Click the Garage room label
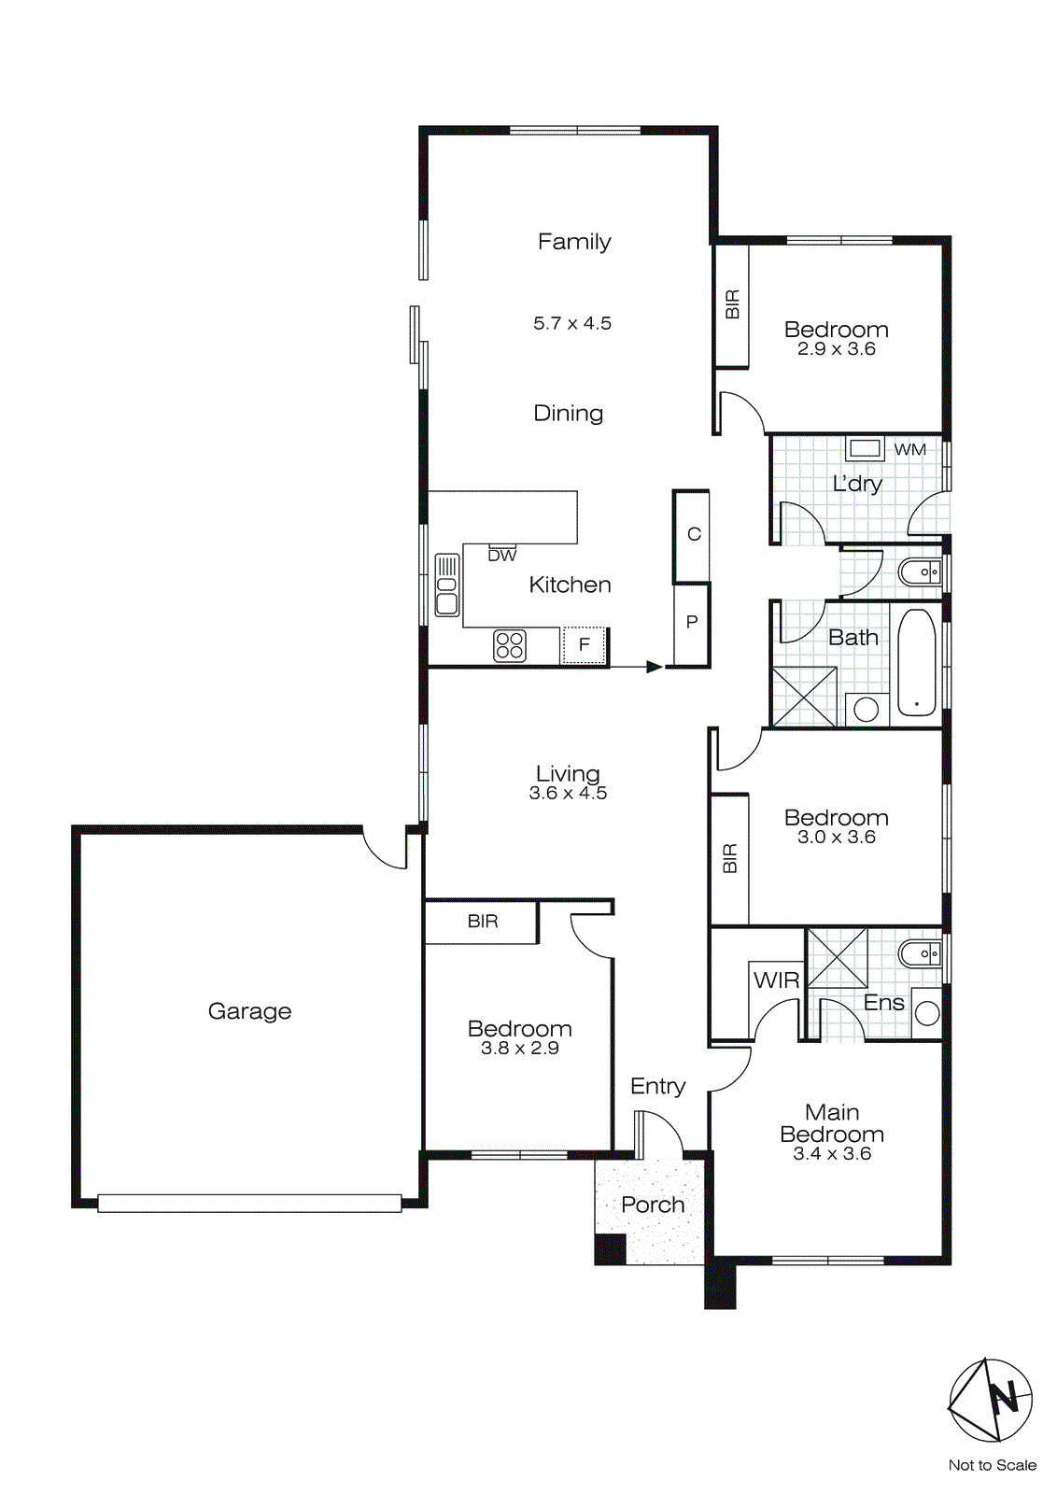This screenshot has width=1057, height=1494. tap(249, 1011)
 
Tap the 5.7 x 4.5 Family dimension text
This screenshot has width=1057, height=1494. tap(572, 323)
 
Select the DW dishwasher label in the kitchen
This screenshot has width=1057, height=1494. tap(502, 556)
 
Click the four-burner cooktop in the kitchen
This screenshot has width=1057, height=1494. tap(510, 646)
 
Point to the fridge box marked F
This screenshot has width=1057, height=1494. tap(585, 644)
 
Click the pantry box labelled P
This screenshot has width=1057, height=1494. tap(692, 623)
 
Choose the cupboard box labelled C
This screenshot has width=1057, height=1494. tap(693, 534)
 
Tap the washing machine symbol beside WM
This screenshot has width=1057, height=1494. tap(865, 448)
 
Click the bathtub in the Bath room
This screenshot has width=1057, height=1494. tap(916, 663)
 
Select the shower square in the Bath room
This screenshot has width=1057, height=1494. tap(804, 697)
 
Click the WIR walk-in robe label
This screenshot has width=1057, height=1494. tap(776, 980)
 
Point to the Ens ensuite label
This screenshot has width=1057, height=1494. tap(883, 1003)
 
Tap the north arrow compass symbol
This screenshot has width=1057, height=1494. tap(991, 1400)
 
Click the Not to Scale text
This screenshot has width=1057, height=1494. tap(992, 1465)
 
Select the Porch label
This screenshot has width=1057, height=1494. tap(653, 1205)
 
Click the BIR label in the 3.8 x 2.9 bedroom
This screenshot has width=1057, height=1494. tap(483, 922)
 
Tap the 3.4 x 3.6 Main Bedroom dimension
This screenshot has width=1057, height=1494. tap(832, 1154)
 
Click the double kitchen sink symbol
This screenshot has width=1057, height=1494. tap(447, 585)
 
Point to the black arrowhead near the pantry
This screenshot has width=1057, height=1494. tap(655, 667)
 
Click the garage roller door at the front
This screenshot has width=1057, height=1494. tap(249, 1204)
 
